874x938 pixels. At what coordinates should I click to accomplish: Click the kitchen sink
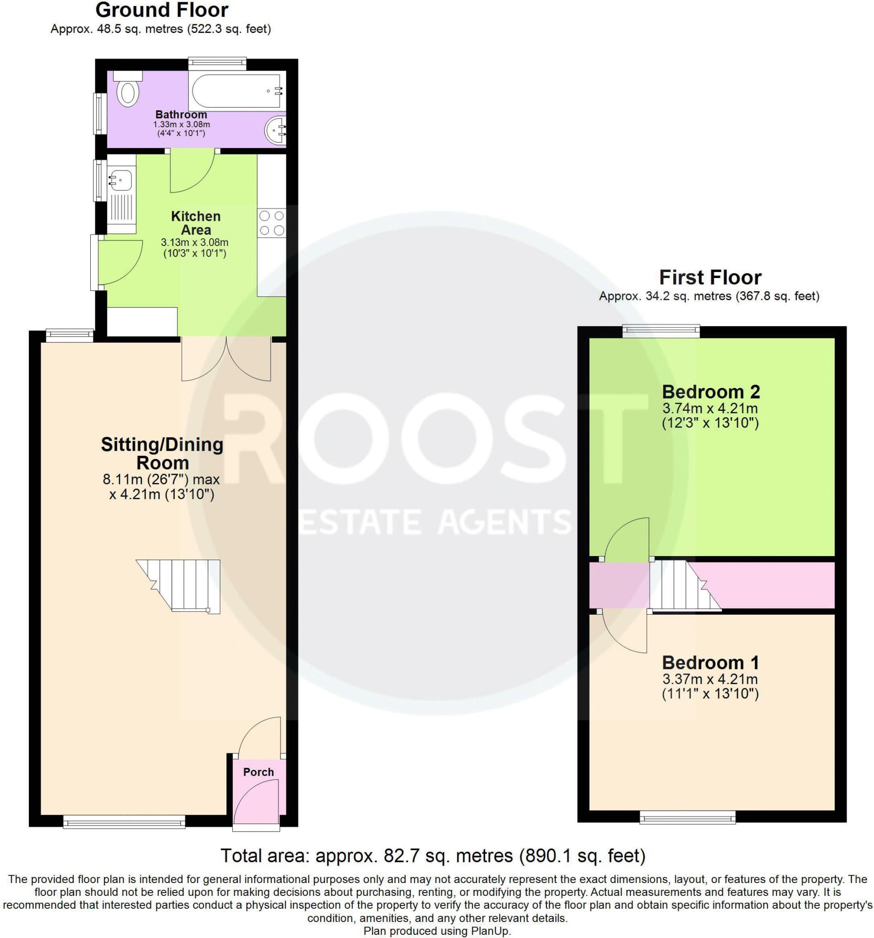pos(121,180)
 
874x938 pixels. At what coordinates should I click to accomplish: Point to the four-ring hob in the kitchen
pos(272,223)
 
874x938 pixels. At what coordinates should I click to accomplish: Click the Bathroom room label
pos(181,115)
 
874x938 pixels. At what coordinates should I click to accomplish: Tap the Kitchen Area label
pos(196,223)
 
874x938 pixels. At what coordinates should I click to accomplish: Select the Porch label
pos(258,772)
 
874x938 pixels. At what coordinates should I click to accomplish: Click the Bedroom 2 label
pos(711,392)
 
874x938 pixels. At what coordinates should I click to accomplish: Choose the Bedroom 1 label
pos(710,662)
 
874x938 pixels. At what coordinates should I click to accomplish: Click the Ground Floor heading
pos(161,10)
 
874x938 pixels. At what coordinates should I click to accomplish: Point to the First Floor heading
pos(710,278)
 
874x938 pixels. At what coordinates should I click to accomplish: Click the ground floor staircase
pos(186,585)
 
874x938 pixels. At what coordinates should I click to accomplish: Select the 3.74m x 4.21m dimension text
pos(710,408)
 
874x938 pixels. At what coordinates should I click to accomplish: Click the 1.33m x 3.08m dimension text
pos(181,125)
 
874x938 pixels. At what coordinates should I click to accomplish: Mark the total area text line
pos(433,856)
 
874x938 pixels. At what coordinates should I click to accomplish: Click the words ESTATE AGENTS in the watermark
pos(434,522)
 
